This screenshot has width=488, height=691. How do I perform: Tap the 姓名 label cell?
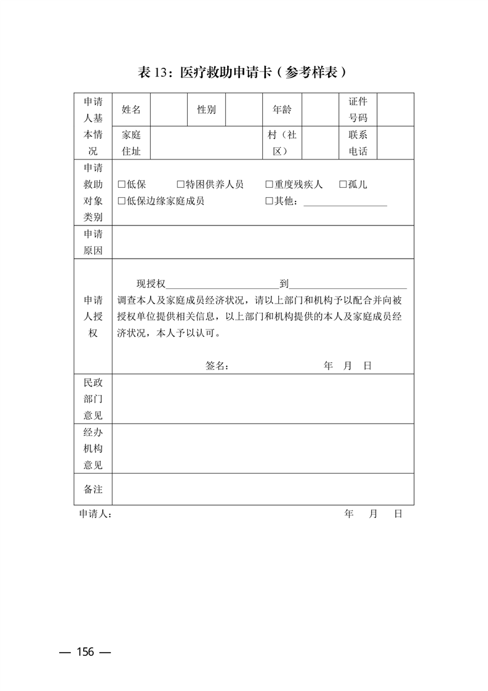coord(131,110)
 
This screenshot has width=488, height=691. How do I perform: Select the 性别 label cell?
coord(206,110)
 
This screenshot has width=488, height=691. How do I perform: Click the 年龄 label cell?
coord(282,110)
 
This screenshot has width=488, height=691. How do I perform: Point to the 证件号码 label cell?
coord(358,110)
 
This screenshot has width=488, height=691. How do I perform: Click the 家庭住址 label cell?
coord(131,143)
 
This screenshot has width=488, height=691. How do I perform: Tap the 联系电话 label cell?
coord(358,143)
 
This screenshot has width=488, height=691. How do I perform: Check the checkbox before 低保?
coord(121,185)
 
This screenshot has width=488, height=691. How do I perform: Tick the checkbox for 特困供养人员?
coord(180,185)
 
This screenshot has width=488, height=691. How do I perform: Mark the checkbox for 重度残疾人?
coord(269,185)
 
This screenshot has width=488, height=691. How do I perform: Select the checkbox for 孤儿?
coord(343,185)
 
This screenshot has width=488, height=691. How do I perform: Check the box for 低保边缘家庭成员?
coord(121,201)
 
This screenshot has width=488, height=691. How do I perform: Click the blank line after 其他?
coord(345,203)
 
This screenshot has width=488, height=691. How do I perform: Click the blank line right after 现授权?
coord(222,285)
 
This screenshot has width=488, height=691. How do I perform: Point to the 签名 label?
coord(217,366)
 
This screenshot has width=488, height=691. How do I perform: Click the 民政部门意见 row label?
coord(93,399)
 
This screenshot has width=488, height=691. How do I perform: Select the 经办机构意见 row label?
coord(93,449)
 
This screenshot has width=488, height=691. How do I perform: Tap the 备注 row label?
coord(93,489)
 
